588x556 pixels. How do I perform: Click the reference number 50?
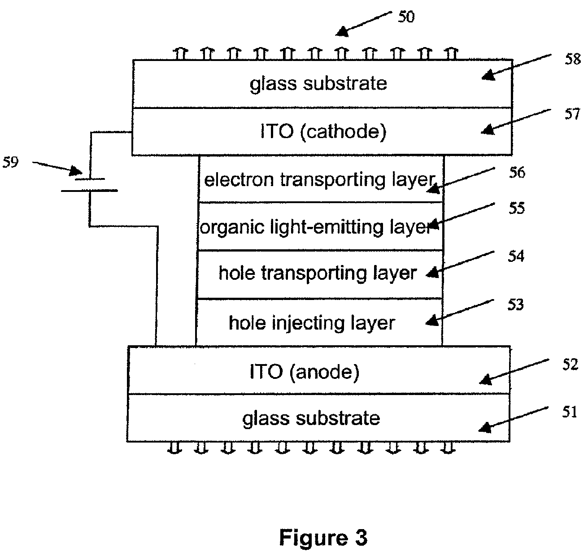406,17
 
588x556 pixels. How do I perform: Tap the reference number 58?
572,59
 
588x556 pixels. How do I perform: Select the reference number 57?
572,114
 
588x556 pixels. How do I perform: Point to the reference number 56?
517,173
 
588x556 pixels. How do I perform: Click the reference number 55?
517,208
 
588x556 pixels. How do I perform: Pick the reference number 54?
516,256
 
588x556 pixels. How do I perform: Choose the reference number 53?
516,305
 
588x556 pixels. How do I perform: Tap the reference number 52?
570,365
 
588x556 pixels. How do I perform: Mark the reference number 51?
570,412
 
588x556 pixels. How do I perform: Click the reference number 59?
10,162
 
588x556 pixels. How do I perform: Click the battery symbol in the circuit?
89,185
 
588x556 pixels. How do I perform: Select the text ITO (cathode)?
323,131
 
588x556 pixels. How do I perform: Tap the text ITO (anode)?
305,372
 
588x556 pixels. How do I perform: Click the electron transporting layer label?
319,180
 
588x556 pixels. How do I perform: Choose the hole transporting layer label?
318,274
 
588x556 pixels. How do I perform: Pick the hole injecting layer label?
312,323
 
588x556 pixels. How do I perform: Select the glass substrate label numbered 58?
318,84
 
